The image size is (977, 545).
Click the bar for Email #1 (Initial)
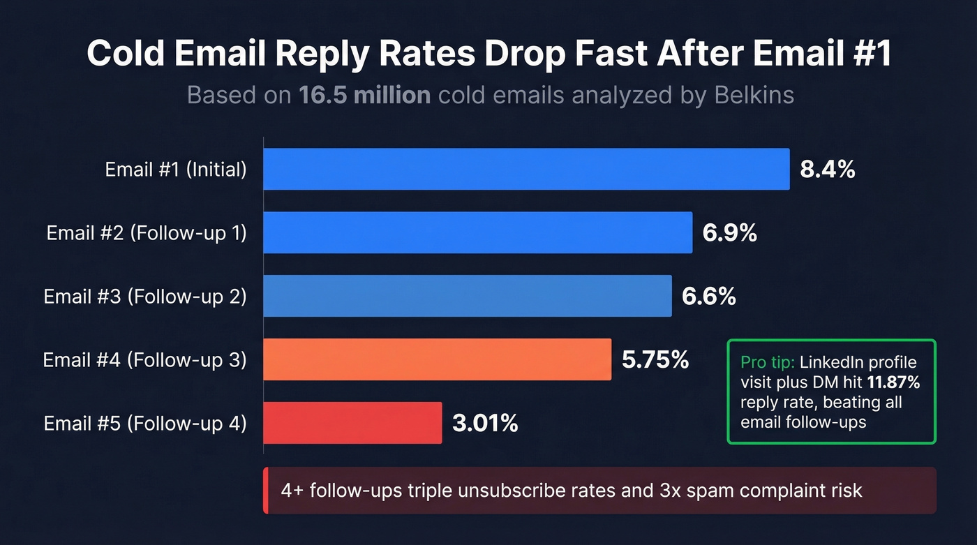point(526,169)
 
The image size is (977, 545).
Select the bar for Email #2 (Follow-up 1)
point(477,232)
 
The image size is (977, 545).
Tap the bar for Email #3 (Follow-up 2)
point(467,296)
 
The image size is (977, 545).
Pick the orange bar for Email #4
point(437,359)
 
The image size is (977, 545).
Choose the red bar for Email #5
point(352,423)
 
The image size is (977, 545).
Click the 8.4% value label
point(827,170)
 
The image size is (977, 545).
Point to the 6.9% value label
point(729,233)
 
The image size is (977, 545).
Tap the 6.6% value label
point(708,297)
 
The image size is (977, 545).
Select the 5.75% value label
point(655,360)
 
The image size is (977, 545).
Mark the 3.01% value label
point(485,424)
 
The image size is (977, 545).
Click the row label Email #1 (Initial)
point(176,170)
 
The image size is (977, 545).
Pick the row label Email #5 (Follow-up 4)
point(145,424)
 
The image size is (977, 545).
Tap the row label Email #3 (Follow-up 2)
point(145,297)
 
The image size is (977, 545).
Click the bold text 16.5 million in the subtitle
point(364,94)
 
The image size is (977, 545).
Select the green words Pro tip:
point(768,363)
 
